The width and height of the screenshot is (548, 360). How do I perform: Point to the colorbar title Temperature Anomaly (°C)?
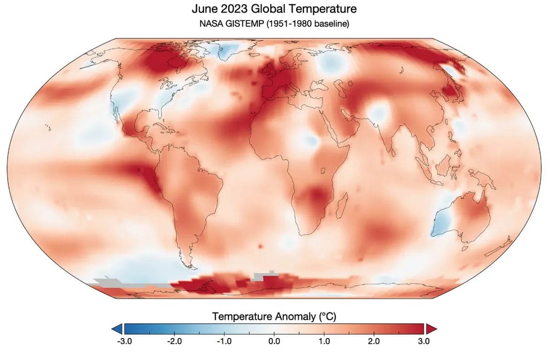click(x=274, y=316)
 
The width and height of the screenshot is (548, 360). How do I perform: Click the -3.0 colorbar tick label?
click(x=123, y=341)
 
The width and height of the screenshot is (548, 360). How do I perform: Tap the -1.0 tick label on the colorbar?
click(x=224, y=341)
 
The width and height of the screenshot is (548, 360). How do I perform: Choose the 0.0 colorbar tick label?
click(x=274, y=341)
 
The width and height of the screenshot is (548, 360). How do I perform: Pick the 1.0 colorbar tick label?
click(x=324, y=341)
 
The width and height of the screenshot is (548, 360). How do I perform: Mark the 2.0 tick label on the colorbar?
click(x=374, y=341)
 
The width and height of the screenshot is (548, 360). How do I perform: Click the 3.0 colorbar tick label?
click(x=424, y=341)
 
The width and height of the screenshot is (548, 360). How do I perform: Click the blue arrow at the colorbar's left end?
click(x=118, y=329)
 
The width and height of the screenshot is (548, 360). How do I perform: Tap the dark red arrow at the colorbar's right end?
click(x=430, y=329)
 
